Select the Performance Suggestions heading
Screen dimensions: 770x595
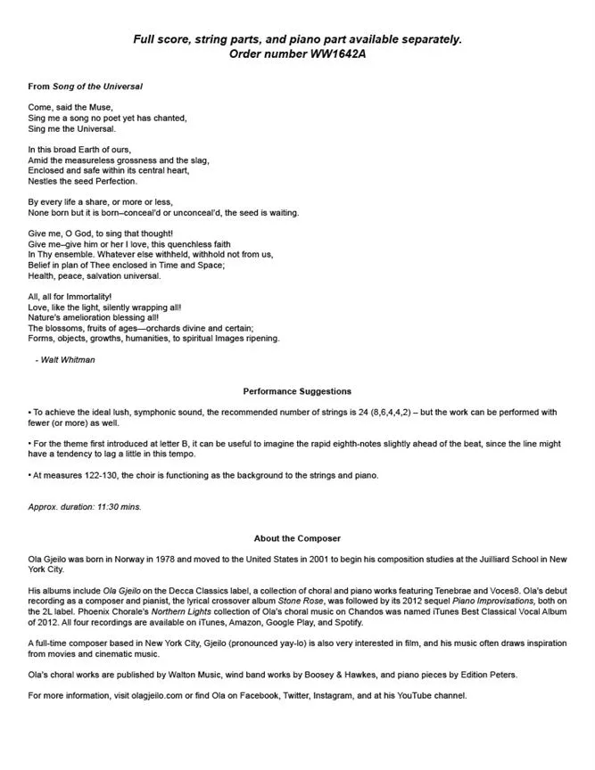pos(297,391)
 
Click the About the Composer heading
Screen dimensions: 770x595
pos(297,538)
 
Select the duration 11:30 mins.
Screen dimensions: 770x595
pos(114,506)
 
